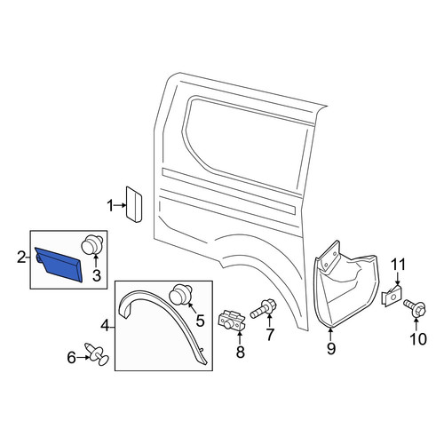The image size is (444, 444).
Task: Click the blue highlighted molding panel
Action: pyautogui.click(x=59, y=265)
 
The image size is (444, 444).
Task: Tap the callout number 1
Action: pyautogui.click(x=110, y=206)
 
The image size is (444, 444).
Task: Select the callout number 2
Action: pyautogui.click(x=21, y=258)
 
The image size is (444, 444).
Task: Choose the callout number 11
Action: pyautogui.click(x=398, y=265)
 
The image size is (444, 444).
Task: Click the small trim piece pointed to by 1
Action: pyautogui.click(x=134, y=204)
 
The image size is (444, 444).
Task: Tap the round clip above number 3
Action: pyautogui.click(x=91, y=245)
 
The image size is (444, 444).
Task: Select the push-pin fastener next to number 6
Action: pyautogui.click(x=97, y=354)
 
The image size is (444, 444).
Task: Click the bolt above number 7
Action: pyautogui.click(x=264, y=309)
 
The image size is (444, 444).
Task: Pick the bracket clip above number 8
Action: pyautogui.click(x=232, y=321)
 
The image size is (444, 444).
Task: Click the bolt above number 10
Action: pyautogui.click(x=415, y=308)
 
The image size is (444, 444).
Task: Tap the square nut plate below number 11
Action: pyautogui.click(x=392, y=296)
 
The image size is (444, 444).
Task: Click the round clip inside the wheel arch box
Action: pyautogui.click(x=181, y=294)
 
